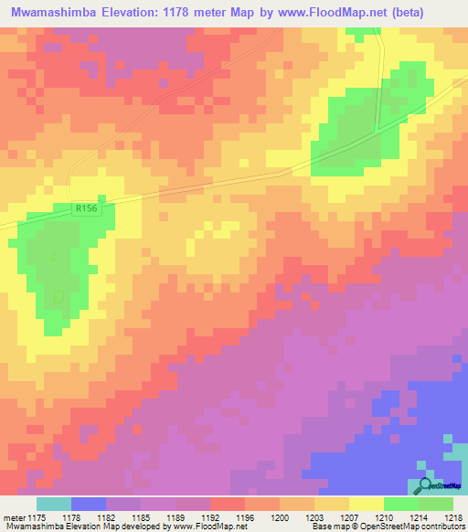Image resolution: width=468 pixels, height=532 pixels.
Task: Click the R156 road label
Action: coord(86,208)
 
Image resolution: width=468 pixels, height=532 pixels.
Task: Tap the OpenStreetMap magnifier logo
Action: coord(426,486)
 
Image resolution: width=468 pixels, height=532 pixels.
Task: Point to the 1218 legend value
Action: coord(442,516)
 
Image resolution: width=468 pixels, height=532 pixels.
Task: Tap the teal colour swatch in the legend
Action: coord(54,504)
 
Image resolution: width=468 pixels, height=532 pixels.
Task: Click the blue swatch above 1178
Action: coord(89,504)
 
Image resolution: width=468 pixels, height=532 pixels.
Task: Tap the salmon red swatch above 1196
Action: coord(228,504)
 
